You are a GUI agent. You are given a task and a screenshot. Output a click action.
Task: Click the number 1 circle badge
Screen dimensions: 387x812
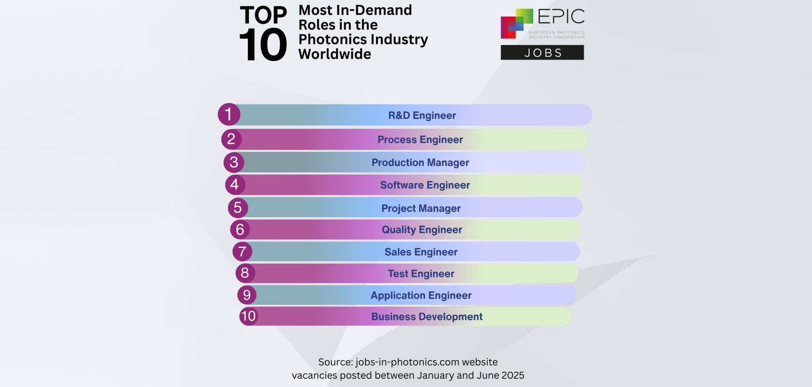click(229, 115)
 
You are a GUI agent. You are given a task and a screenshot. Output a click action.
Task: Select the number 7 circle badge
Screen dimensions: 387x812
click(242, 252)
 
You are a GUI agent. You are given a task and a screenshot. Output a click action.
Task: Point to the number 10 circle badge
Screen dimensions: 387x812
click(248, 316)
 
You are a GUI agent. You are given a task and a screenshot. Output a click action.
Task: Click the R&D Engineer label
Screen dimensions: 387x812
click(422, 116)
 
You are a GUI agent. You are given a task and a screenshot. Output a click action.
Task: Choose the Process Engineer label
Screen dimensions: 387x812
click(420, 140)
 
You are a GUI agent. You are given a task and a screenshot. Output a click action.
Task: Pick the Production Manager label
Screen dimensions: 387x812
click(420, 163)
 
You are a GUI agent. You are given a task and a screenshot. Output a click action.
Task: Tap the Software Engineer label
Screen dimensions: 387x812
click(425, 185)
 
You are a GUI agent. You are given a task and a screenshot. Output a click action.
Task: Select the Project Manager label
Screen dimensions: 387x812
click(420, 208)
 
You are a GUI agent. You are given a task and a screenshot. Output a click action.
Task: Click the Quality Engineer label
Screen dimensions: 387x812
click(422, 230)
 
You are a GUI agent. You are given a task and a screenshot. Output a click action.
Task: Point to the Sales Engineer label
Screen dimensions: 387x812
click(420, 252)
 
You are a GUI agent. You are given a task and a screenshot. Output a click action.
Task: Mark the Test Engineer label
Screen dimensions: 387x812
click(420, 274)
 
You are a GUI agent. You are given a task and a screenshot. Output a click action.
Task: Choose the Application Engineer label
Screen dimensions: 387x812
click(421, 296)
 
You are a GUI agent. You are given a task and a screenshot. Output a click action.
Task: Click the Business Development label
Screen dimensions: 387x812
click(427, 317)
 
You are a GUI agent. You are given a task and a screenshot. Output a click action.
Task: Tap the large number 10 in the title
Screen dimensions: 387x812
click(263, 45)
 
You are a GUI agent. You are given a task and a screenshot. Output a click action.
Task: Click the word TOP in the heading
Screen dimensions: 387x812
click(263, 15)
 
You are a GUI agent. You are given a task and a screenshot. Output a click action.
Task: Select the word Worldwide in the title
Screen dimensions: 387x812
click(334, 54)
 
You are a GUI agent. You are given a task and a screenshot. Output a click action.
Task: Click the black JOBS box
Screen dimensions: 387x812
click(542, 53)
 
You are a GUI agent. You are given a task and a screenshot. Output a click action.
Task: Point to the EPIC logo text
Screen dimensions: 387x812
click(561, 17)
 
